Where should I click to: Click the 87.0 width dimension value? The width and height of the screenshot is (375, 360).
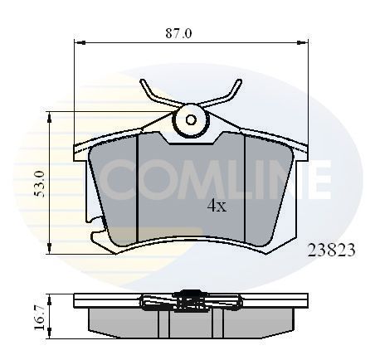[178, 33]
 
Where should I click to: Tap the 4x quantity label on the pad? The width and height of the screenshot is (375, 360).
[216, 207]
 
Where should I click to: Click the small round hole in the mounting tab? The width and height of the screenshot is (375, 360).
[192, 119]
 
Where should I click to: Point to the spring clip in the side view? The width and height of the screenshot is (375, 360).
[190, 300]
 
